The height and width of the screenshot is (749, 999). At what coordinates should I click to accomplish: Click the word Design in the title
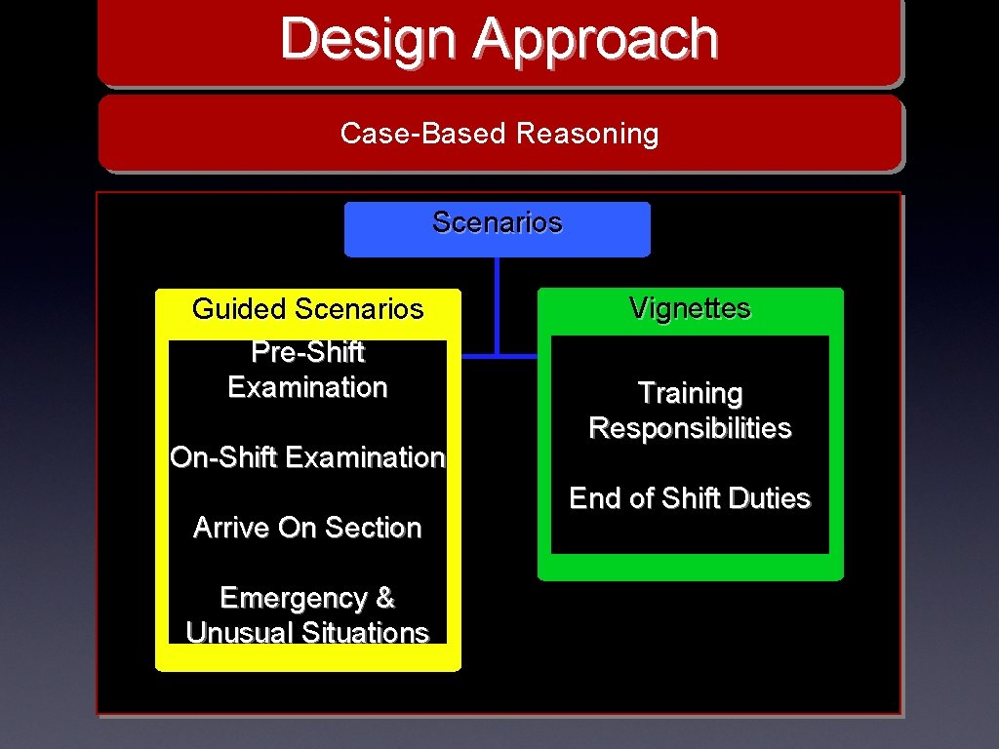tap(367, 40)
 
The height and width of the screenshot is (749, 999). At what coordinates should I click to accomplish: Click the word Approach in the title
tap(596, 40)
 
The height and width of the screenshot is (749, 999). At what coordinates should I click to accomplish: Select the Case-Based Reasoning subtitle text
tap(499, 134)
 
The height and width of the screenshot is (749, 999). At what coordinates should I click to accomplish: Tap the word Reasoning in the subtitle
tap(587, 134)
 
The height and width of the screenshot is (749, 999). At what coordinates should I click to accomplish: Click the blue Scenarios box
tap(498, 228)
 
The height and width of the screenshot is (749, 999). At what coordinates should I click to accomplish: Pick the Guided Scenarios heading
tap(307, 309)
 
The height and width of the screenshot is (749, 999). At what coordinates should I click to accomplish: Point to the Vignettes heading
tap(690, 308)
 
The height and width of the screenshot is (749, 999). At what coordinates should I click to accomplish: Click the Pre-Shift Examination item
tap(307, 370)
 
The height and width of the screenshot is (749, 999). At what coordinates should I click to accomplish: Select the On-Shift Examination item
tap(307, 457)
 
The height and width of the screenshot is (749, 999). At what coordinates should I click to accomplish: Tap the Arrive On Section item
tap(307, 528)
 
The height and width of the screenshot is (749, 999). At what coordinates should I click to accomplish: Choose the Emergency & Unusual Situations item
tap(307, 615)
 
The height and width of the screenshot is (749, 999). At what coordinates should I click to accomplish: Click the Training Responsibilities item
tap(690, 411)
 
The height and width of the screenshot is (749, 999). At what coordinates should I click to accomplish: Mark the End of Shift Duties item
tap(690, 498)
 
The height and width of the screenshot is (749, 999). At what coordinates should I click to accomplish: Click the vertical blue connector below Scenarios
tap(498, 302)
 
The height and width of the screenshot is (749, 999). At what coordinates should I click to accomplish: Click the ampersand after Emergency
tap(384, 598)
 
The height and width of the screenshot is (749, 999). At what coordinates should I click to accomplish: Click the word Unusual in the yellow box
tap(240, 633)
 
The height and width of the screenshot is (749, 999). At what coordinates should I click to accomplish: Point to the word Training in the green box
tap(690, 393)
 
